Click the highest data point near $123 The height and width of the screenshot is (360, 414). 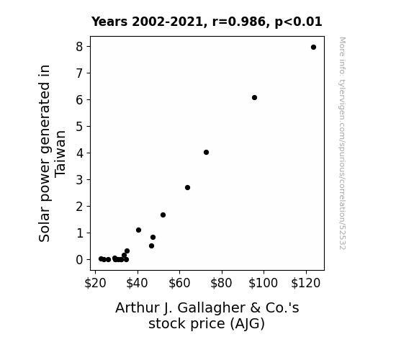point(313,48)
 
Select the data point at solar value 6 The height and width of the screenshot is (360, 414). point(255,98)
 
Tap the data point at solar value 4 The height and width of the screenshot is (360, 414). point(206,153)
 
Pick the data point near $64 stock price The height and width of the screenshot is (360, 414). point(187,187)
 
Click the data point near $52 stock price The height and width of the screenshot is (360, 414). point(163,215)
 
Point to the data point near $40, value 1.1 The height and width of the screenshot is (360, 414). point(139,230)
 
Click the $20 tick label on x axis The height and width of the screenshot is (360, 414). point(95,283)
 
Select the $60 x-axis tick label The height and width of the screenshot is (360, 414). point(179,283)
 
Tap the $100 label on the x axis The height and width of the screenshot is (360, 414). point(264,283)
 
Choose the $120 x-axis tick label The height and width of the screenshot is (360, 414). point(306,283)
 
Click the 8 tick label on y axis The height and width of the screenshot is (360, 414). point(79,47)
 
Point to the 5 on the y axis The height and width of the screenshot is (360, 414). point(79,127)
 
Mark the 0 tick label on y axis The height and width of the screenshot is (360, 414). point(79,260)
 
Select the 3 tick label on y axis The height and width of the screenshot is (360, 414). point(79,180)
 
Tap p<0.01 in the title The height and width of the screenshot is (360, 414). point(298,22)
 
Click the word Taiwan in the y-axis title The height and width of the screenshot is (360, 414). point(60,153)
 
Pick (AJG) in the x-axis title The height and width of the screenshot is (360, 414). point(248,324)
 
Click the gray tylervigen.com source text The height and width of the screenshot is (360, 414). point(343,143)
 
